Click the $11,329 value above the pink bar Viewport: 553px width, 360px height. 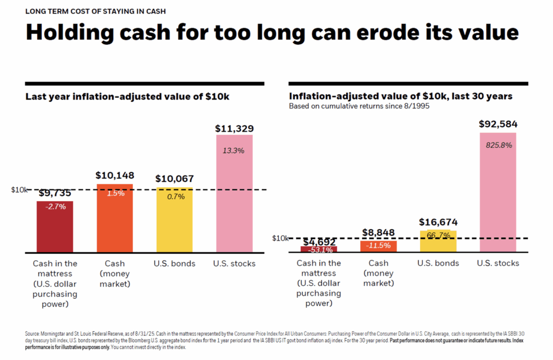[x=234, y=129]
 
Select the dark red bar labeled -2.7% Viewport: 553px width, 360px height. [x=55, y=227]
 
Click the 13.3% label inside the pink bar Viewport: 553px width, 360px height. [x=234, y=151]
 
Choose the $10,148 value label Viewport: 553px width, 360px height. [x=114, y=176]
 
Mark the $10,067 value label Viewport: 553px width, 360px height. [x=174, y=179]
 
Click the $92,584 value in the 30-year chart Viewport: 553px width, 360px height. [x=497, y=124]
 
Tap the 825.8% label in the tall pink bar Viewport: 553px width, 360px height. [x=497, y=145]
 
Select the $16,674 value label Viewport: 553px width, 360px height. [x=438, y=222]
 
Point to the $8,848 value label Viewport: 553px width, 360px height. [x=378, y=233]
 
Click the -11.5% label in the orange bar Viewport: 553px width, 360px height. [x=378, y=246]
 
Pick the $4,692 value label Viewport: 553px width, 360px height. [x=319, y=242]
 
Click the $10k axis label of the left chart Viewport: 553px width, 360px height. [x=19, y=190]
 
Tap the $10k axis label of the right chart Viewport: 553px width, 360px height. [x=280, y=238]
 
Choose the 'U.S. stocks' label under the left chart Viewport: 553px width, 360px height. [x=234, y=264]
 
